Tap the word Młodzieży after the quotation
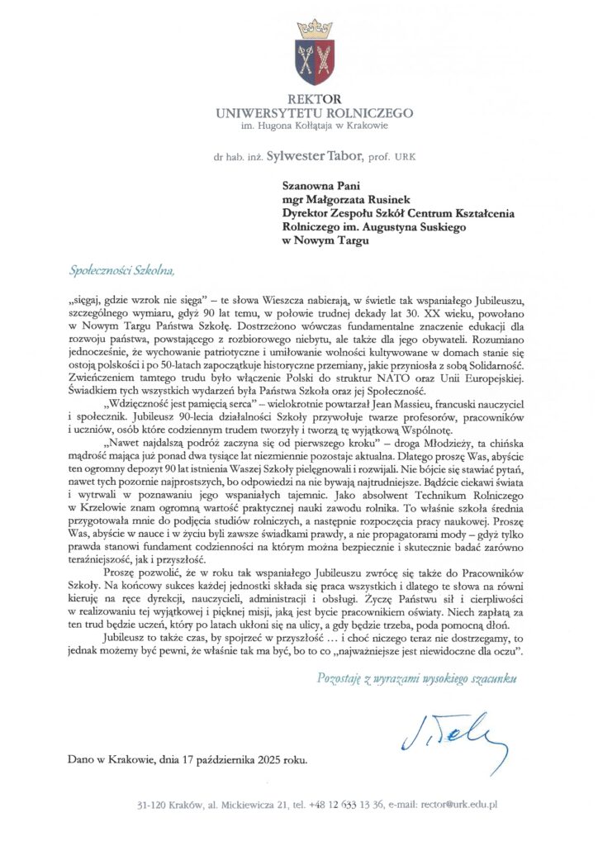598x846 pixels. click(x=444, y=446)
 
